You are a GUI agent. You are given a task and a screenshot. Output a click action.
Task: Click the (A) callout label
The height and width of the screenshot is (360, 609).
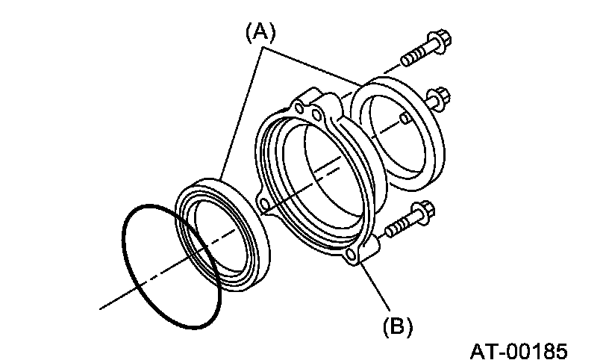pos(260,31)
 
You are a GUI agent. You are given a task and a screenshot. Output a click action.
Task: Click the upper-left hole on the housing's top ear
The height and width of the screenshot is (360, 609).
pos(300,110)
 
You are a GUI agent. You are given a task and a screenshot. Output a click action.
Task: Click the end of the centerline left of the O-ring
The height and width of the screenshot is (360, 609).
pos(101,305)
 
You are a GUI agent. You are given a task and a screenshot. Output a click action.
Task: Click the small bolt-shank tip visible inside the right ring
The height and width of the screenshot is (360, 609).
pos(404,119)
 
